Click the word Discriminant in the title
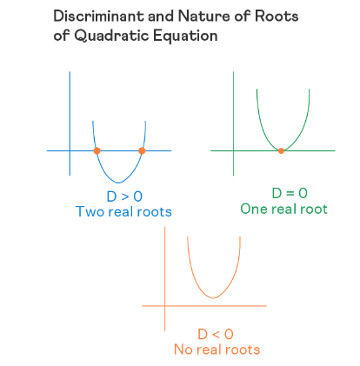tap(99, 16)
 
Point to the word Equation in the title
tap(185, 37)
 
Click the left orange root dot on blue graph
tap(97, 150)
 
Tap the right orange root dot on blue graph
tap(142, 150)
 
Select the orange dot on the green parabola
tap(281, 150)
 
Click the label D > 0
tap(124, 196)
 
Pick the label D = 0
tap(290, 193)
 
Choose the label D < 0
tap(216, 335)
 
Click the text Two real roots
tap(123, 211)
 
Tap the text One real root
tap(283, 209)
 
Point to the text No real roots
tap(217, 349)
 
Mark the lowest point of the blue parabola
tap(118, 183)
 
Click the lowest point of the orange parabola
tap(213, 298)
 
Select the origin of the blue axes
tap(70, 150)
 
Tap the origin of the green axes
tap(233, 150)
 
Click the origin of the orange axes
tap(165, 306)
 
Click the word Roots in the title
tap(277, 16)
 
